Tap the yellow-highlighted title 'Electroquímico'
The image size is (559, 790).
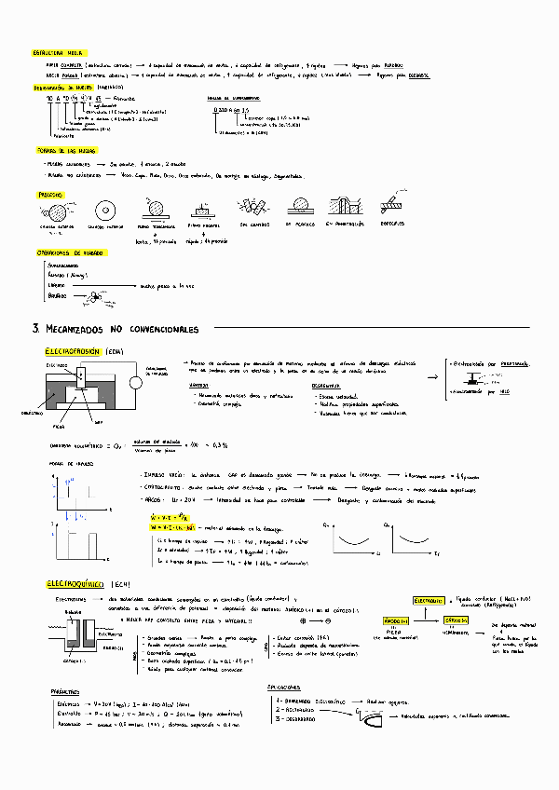coord(75,584)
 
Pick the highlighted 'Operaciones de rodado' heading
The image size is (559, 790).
coord(70,252)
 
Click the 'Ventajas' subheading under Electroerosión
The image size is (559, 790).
coord(198,385)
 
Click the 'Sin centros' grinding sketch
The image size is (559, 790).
coord(252,209)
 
